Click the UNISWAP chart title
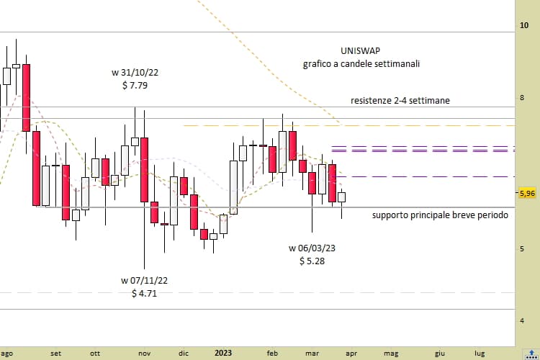(x=361, y=51)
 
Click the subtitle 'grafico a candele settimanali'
(x=361, y=64)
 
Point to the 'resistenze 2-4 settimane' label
(x=400, y=101)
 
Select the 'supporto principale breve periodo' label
(x=440, y=215)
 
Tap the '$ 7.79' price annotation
(x=135, y=85)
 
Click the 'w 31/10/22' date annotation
(x=135, y=73)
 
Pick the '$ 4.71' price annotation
(x=145, y=294)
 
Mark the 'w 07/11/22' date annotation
(x=145, y=281)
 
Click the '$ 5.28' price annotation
(x=312, y=261)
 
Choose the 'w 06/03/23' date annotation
(x=312, y=248)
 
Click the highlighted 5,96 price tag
(x=526, y=193)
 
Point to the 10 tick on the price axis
(x=524, y=25)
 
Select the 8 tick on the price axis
(x=524, y=97)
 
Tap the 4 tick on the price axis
(x=524, y=320)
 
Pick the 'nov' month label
(x=145, y=354)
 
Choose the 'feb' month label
(x=272, y=354)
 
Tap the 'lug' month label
(x=480, y=354)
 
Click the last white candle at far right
(x=342, y=197)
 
